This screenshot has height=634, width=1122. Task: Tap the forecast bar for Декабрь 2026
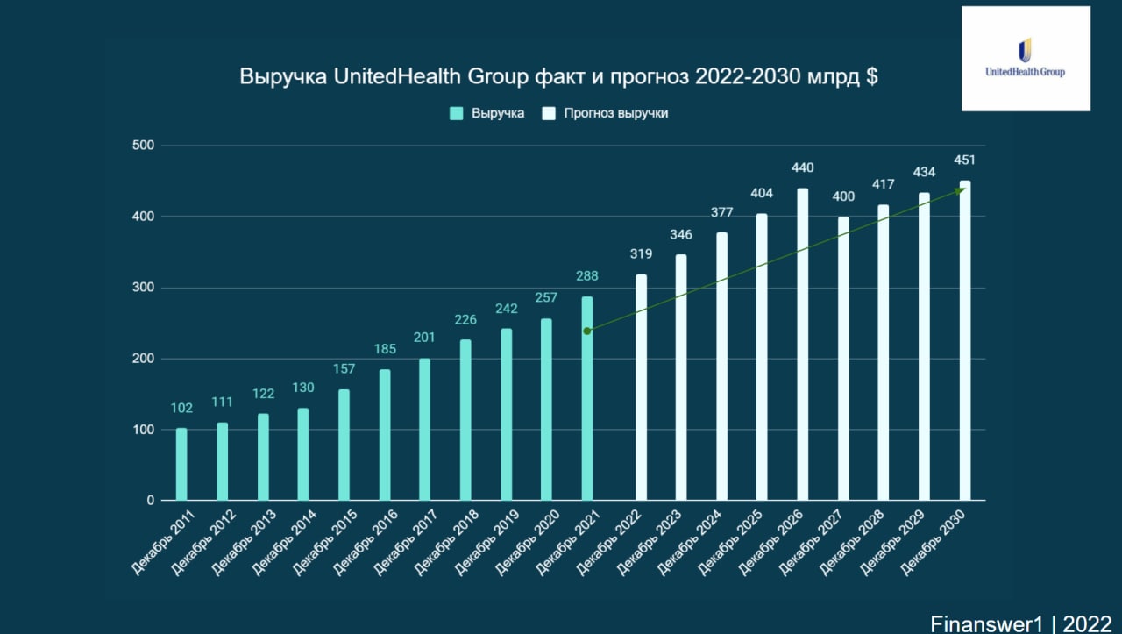tap(803, 345)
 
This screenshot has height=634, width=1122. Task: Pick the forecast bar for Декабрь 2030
tap(965, 341)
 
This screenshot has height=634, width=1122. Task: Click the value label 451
tap(964, 160)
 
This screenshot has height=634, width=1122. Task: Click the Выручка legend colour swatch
tap(456, 113)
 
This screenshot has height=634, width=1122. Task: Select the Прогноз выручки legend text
tap(616, 113)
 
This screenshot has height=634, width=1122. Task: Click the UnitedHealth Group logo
tap(1026, 59)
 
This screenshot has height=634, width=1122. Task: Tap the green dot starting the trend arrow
tap(587, 331)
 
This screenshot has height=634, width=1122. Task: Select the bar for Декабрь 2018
tap(465, 420)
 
